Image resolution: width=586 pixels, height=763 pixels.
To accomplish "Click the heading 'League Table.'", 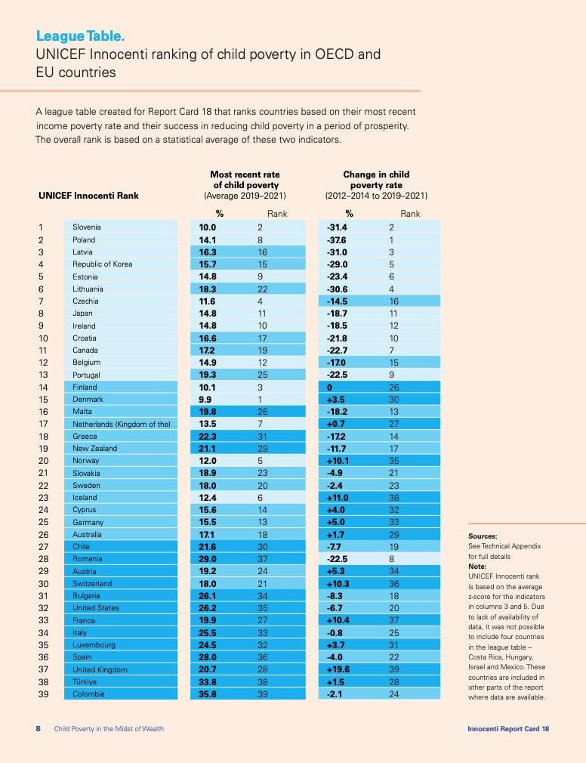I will [80, 36].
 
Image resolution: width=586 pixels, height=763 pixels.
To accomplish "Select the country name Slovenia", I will [87, 227].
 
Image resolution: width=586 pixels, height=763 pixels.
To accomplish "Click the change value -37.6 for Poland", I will [336, 239].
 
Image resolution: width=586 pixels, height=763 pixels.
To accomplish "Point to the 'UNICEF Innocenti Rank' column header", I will [88, 196].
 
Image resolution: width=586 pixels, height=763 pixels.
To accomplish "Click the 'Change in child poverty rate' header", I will [376, 184].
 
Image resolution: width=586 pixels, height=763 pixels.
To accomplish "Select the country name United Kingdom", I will [100, 669].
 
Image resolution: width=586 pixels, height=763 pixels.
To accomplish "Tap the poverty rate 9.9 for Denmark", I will [205, 399].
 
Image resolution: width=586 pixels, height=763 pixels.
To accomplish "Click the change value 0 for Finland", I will [329, 387].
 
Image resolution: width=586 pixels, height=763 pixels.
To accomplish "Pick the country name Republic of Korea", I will [103, 264].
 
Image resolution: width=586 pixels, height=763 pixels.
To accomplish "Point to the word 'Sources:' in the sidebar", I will [483, 536].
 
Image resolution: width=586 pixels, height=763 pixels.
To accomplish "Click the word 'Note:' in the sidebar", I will [477, 566].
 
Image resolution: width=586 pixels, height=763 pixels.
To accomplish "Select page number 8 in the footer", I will [39, 729].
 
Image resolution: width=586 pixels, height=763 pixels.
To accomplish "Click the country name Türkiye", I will [85, 681].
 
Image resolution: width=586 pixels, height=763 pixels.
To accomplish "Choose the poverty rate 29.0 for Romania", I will [208, 559].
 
